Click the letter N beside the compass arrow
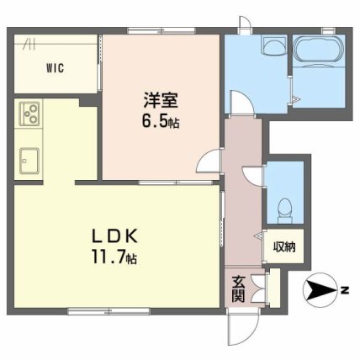point(343,292)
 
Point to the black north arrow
point(320,292)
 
